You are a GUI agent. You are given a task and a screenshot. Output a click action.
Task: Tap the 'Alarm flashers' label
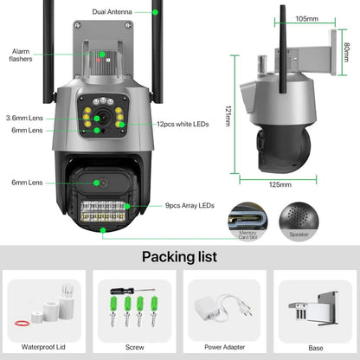click(22, 55)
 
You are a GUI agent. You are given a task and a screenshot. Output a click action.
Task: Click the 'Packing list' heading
click(179, 256)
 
